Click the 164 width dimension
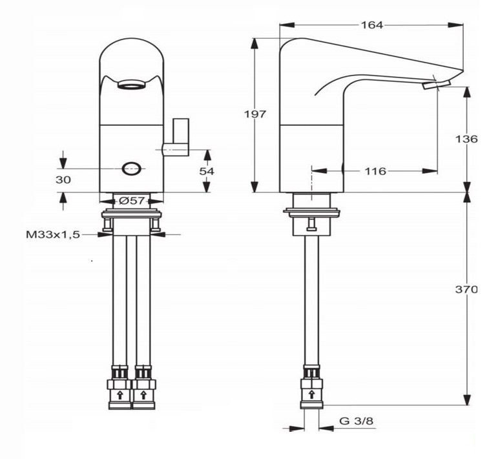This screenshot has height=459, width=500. point(372,25)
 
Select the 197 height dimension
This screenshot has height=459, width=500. point(255,114)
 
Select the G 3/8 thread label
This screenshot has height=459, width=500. point(356,421)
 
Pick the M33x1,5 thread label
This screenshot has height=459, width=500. point(53,235)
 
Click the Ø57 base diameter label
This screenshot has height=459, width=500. point(131,201)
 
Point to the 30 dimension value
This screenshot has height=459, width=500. point(63,180)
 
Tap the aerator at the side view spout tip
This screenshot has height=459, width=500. point(430,85)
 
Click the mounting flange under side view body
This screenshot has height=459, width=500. point(311,210)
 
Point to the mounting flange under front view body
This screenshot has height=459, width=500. point(131,212)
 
